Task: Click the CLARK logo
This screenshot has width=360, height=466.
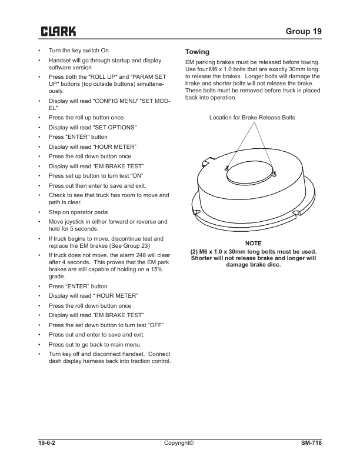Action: pos(57,31)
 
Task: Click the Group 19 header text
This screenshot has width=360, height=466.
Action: pos(302,31)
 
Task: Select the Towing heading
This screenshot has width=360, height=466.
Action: pos(197,52)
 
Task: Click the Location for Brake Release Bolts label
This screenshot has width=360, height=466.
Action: pos(252,118)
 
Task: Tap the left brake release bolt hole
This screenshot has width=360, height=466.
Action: pos(227,168)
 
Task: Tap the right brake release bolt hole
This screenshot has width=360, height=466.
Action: pos(275,173)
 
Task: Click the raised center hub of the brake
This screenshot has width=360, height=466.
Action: pos(251,171)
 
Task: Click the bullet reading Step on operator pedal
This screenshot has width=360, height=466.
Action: pos(79,212)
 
